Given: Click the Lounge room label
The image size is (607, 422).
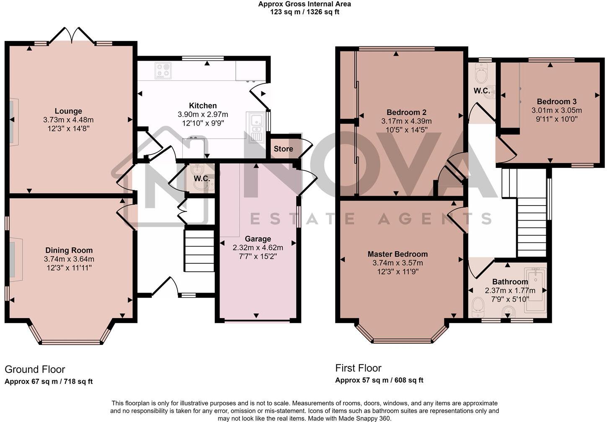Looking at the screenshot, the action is (x=68, y=111).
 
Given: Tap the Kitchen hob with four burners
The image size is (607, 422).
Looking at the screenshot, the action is (x=163, y=71).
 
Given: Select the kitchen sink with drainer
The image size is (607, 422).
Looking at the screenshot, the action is (x=256, y=127).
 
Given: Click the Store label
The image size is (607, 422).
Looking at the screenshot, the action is (x=283, y=149).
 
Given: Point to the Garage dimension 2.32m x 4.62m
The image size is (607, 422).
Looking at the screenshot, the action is (x=258, y=247).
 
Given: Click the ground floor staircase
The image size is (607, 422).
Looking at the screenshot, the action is (x=199, y=250).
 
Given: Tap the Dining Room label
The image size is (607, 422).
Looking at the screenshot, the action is (x=69, y=250).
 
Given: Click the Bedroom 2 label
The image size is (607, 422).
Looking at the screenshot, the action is (x=406, y=112).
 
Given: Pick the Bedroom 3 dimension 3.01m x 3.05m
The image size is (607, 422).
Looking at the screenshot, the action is (x=557, y=110).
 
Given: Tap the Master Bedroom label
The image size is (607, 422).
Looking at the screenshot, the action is (x=398, y=254).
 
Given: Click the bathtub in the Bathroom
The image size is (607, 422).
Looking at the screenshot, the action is (x=535, y=291).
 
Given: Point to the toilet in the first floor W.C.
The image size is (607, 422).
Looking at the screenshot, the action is (x=481, y=74).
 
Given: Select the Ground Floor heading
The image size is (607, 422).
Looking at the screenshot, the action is (x=35, y=369).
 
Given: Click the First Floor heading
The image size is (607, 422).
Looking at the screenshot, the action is (x=358, y=368).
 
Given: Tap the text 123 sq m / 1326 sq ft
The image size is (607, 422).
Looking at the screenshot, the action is (x=305, y=12).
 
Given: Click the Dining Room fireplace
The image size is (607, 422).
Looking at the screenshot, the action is (x=16, y=260).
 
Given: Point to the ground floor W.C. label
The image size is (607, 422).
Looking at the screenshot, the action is (x=202, y=178).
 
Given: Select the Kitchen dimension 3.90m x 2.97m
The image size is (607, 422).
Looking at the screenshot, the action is (x=203, y=114).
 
